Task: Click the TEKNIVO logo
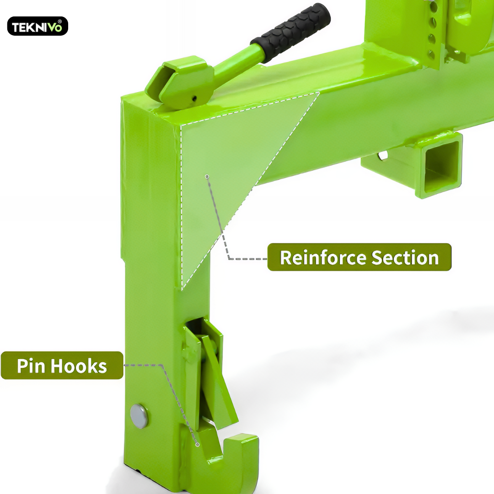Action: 38,26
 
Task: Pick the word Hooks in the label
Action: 79,366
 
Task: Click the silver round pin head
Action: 139,416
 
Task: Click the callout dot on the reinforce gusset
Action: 207,177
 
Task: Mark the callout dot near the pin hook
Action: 198,445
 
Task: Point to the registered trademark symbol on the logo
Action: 59,21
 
